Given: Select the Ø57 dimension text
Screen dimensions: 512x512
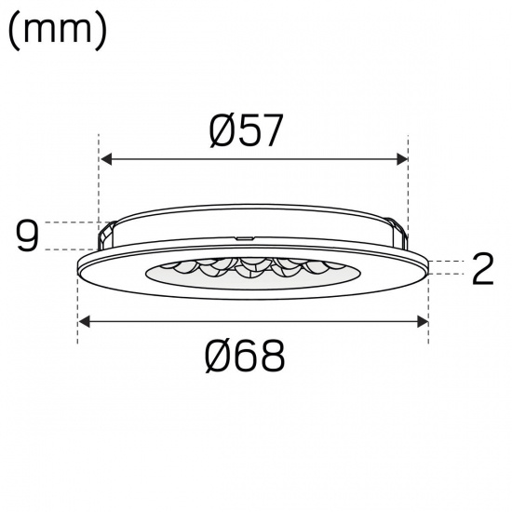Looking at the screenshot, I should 246,132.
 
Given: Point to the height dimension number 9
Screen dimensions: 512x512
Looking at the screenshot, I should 29,236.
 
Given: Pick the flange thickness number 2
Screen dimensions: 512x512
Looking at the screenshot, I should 481,269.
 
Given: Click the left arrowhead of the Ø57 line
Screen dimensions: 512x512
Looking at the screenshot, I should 105,159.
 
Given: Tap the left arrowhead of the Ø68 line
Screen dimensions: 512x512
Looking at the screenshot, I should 84,321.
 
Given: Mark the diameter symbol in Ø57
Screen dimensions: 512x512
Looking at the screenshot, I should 222,132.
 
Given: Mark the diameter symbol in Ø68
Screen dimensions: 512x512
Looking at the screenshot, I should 220,355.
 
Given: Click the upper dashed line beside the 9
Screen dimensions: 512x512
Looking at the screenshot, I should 70,222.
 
